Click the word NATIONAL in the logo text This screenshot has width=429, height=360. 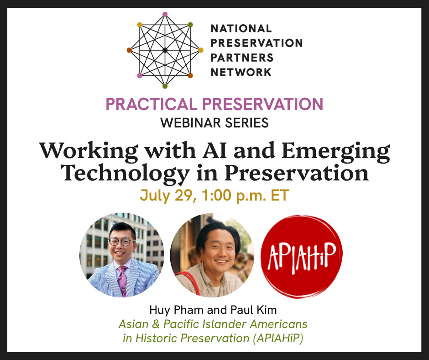coord(241,28)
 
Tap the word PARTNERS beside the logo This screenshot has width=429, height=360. coord(242,58)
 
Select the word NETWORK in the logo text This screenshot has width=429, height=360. coord(241,72)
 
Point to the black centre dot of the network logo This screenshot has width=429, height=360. coord(165,50)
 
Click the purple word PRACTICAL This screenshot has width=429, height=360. coord(152,104)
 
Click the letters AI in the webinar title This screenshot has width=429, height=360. coord(214,150)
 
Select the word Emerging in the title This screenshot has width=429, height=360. coord(336,152)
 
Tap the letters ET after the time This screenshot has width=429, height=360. coord(280,196)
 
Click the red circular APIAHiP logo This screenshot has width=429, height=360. coord(302,256)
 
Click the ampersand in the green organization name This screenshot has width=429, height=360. coord(156,324)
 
